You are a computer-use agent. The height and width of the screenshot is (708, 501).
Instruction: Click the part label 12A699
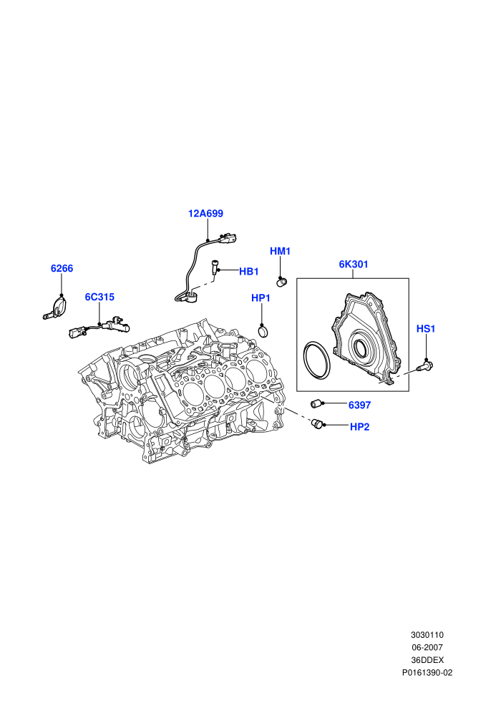[x=205, y=214]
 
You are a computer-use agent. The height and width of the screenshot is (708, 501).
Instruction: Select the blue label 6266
[x=62, y=269]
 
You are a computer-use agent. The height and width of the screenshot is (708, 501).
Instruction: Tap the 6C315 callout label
[x=99, y=297]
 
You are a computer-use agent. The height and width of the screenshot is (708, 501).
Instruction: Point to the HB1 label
[x=249, y=272]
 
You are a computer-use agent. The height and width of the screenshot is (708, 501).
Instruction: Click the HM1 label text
[x=280, y=251]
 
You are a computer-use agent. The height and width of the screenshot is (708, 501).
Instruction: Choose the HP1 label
[x=261, y=298]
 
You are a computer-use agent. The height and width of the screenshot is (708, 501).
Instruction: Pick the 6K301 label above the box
[x=354, y=264]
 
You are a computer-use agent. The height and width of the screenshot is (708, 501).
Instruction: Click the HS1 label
[x=426, y=329]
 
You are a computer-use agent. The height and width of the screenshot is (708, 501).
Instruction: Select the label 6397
[x=359, y=405]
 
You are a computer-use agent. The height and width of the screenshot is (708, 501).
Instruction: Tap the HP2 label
[x=359, y=427]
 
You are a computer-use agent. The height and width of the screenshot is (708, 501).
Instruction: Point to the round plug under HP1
[x=263, y=331]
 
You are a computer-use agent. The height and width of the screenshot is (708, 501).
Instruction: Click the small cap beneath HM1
[x=282, y=282]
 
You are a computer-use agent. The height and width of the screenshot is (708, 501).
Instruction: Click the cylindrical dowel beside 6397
[x=316, y=403]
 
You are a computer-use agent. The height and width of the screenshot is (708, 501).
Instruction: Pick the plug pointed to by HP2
[x=318, y=424]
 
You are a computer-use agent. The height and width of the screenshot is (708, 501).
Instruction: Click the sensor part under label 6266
[x=56, y=308]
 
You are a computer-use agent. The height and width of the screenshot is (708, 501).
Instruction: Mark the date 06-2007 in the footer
[x=427, y=647]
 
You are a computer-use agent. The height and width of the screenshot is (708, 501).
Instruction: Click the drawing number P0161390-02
[x=427, y=673]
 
